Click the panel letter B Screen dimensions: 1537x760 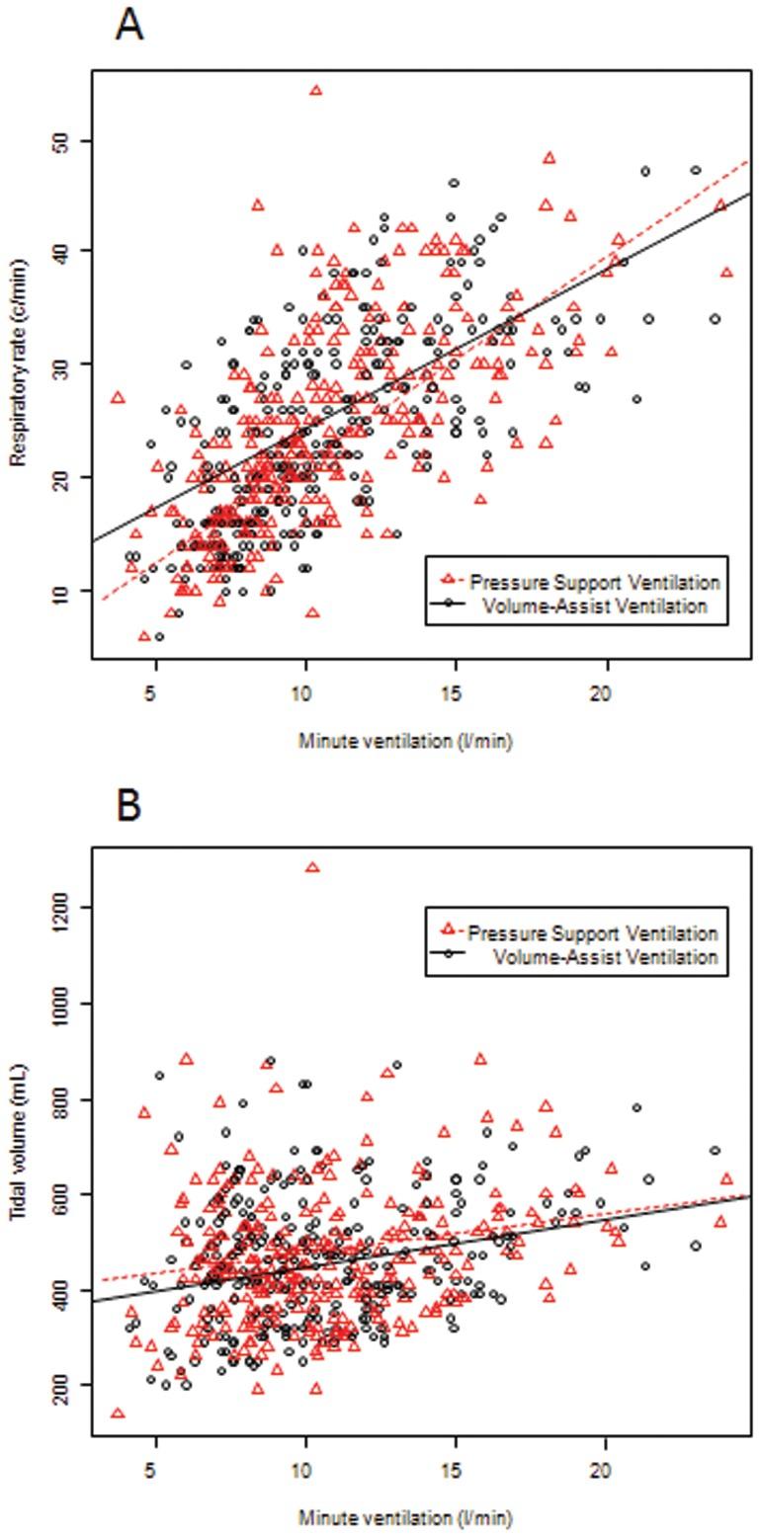128,805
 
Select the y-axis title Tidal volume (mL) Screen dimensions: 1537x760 18,1142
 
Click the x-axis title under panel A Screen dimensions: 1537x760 405,741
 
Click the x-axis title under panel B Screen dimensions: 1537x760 405,1517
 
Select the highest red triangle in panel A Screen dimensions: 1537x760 315,90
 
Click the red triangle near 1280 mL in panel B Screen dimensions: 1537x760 312,867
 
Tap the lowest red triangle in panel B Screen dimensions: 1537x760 118,1414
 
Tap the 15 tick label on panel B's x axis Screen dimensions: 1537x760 455,1469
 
